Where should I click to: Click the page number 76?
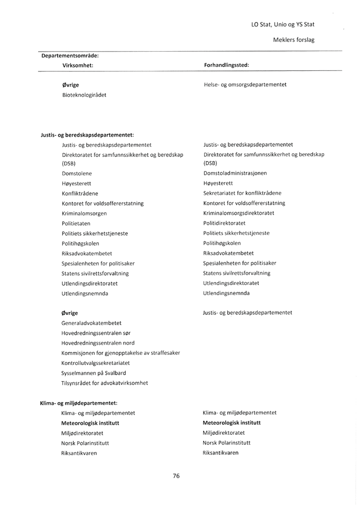click(x=176, y=476)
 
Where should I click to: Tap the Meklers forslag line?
click(x=293, y=40)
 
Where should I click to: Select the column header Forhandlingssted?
click(x=226, y=65)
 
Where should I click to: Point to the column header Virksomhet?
click(x=78, y=65)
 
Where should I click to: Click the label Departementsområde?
click(x=70, y=55)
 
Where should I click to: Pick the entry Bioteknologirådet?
click(x=84, y=95)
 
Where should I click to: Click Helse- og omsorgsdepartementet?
click(x=245, y=84)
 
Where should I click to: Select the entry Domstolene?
click(x=77, y=174)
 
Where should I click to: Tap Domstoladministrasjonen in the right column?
click(x=235, y=173)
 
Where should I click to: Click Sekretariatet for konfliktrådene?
click(x=242, y=193)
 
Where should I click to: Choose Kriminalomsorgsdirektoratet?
click(x=239, y=213)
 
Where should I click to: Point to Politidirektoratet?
click(x=224, y=223)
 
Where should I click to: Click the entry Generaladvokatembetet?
click(x=91, y=323)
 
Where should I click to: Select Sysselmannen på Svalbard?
click(x=94, y=373)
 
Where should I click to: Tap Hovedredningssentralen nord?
click(x=98, y=343)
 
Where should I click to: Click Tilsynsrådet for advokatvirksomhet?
click(x=105, y=383)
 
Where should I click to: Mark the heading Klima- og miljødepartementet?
click(x=79, y=403)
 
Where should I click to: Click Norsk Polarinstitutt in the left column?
click(x=85, y=443)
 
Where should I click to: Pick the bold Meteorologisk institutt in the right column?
click(x=232, y=422)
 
